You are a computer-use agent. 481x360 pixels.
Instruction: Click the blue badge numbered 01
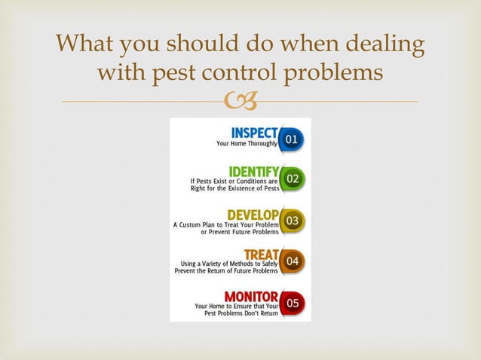click(x=293, y=139)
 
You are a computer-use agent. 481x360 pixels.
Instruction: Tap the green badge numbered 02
click(x=293, y=179)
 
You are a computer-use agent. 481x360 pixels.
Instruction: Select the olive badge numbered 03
click(x=293, y=220)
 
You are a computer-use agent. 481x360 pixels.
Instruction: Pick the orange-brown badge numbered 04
click(x=293, y=261)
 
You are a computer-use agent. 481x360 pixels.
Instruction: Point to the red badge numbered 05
click(x=293, y=302)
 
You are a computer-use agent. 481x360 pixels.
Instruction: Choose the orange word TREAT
click(x=261, y=254)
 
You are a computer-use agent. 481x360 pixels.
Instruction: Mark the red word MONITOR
click(x=251, y=295)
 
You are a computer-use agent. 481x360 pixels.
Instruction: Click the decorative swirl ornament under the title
click(x=240, y=101)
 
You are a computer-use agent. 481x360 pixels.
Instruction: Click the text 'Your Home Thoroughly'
click(x=247, y=143)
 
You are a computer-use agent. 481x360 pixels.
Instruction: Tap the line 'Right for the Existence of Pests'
click(x=234, y=188)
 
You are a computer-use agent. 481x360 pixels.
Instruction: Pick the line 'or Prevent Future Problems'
click(x=239, y=232)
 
